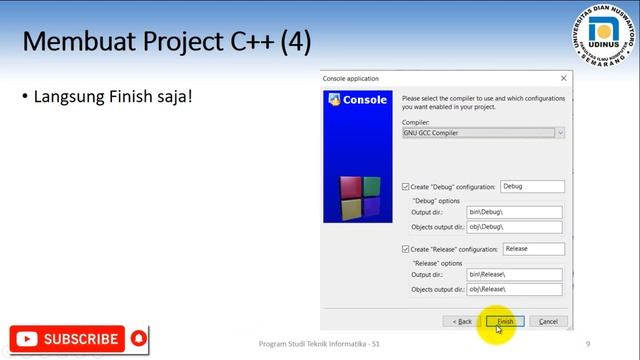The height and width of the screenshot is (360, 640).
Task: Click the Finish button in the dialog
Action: coord(503,321)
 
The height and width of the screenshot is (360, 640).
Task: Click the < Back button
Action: coord(461,321)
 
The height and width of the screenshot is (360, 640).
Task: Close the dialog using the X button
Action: coord(564,78)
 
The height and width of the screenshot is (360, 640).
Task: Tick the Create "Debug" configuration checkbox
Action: coord(406,187)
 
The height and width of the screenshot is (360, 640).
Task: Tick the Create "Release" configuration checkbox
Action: coord(406,249)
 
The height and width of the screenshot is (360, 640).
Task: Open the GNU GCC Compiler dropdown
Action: coord(483,132)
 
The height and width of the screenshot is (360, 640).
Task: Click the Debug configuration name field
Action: coord(533,187)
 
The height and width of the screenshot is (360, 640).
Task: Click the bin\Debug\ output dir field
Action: coord(514,212)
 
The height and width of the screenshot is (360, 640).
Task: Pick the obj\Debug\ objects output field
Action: coord(514,226)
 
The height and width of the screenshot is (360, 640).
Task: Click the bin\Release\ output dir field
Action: coord(514,274)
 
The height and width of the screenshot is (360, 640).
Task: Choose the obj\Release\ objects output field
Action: coord(514,289)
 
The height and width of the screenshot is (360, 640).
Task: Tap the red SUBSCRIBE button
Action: coord(67,339)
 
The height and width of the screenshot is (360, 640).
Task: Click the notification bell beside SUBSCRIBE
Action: coord(138,338)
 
